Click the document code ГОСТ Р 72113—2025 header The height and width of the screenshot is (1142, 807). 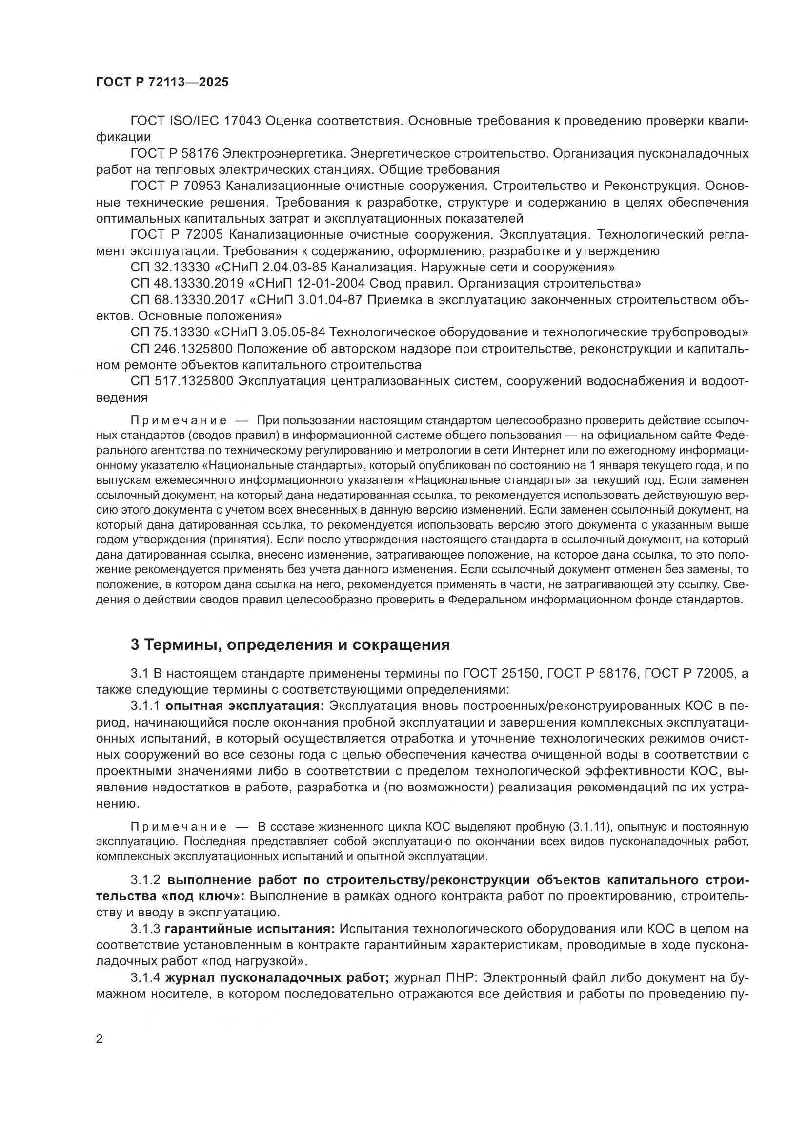click(162, 82)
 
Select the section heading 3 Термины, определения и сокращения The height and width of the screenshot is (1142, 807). click(290, 644)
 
